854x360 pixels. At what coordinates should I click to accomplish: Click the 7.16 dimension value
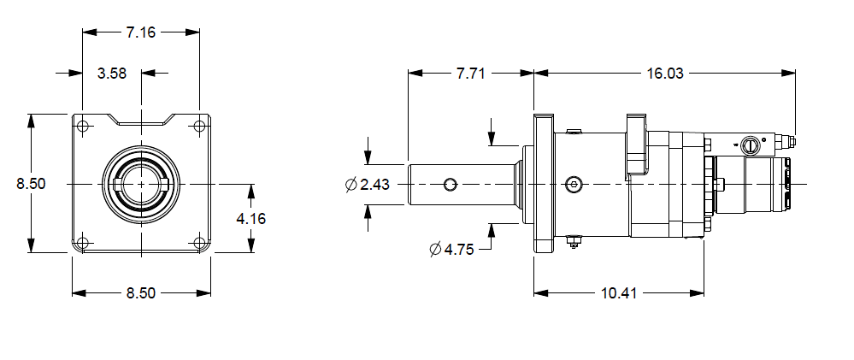(140, 32)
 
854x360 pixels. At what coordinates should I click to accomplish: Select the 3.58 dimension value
(112, 74)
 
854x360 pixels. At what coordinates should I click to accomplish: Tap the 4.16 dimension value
(250, 218)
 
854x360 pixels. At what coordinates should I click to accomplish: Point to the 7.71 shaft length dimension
(470, 74)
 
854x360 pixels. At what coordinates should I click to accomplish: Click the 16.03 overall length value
(663, 74)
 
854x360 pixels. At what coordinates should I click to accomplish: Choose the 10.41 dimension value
(618, 293)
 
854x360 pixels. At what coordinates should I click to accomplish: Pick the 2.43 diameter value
(375, 185)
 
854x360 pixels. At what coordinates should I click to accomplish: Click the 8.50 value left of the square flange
(31, 183)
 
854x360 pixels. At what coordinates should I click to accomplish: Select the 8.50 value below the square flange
(141, 293)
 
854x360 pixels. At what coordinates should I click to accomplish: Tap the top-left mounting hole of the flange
(83, 127)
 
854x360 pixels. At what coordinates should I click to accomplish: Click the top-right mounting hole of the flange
(199, 127)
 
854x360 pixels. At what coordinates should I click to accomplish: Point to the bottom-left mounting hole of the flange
(83, 242)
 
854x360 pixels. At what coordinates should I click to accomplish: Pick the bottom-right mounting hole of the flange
(199, 242)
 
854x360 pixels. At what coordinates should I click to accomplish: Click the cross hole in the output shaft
(450, 184)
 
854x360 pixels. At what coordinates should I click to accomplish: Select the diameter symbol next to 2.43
(350, 185)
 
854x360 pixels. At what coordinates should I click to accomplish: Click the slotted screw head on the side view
(751, 145)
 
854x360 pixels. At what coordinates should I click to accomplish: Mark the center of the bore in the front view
(141, 184)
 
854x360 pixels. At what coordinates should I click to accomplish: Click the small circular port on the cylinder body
(574, 184)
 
